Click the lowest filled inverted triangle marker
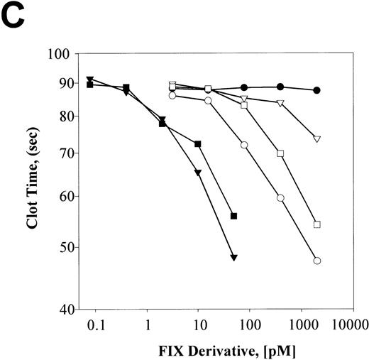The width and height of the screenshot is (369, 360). (x=233, y=258)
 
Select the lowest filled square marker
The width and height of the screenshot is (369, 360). (x=233, y=216)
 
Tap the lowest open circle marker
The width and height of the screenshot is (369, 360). (x=317, y=261)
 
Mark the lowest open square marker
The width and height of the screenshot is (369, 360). (x=317, y=224)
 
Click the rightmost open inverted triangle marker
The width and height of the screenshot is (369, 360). (x=317, y=139)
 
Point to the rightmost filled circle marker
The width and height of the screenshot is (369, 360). (x=317, y=90)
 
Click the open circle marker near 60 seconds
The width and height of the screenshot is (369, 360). (x=280, y=198)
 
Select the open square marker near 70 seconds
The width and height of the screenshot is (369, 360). (x=280, y=153)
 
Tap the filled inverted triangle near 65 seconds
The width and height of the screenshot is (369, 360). (x=198, y=173)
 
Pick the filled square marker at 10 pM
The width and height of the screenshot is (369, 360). (x=198, y=144)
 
